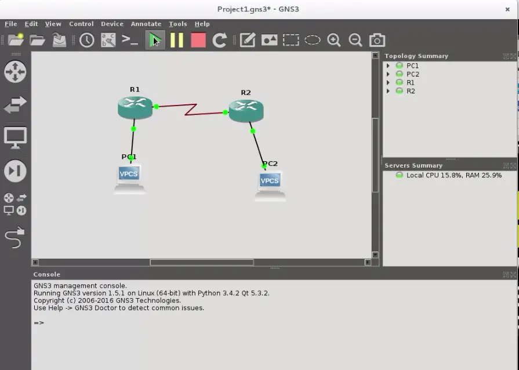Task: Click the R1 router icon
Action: click(135, 107)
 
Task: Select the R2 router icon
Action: click(246, 111)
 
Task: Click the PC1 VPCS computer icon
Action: click(129, 179)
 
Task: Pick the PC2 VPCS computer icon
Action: click(270, 186)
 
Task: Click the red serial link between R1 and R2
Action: click(191, 110)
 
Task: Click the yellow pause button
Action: click(177, 40)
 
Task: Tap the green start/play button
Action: click(155, 40)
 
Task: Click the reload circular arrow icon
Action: click(219, 40)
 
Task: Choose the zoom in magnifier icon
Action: click(333, 40)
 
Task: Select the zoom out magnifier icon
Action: click(355, 40)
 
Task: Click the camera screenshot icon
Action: click(377, 40)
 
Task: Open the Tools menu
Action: click(178, 24)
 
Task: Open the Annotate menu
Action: click(146, 24)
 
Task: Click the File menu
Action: click(11, 24)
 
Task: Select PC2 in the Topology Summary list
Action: click(413, 74)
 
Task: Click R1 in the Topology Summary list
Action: click(410, 82)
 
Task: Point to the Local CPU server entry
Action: click(454, 175)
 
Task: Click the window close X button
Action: click(507, 9)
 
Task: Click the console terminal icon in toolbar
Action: click(130, 40)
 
